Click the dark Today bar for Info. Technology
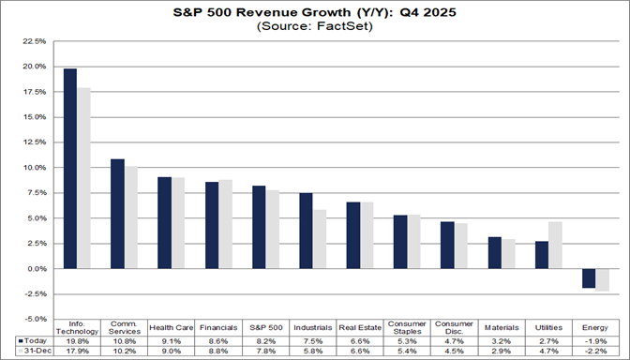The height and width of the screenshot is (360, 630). (x=70, y=169)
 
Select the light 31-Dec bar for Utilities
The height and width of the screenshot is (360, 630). (x=556, y=246)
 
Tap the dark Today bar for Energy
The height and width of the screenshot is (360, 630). (x=589, y=278)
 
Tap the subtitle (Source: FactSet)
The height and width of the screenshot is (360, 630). (x=315, y=27)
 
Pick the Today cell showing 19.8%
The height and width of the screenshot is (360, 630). (x=78, y=341)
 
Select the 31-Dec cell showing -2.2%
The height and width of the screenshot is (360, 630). (x=595, y=352)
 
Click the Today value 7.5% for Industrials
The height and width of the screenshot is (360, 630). (x=313, y=341)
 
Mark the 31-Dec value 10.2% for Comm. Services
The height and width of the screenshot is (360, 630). (x=125, y=352)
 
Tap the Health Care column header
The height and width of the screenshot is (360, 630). (x=172, y=328)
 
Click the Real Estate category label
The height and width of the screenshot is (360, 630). (x=360, y=328)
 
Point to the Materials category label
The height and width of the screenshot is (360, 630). (x=502, y=328)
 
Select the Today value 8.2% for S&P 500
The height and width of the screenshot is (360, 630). (x=266, y=341)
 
